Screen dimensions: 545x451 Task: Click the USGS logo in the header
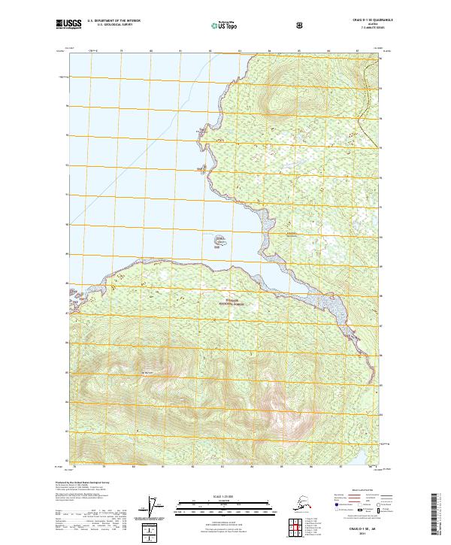[x=67, y=24]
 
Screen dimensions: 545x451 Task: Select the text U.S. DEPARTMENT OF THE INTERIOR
[x=114, y=21]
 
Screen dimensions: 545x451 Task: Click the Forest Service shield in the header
[x=300, y=25]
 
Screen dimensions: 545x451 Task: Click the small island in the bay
[x=219, y=241]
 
